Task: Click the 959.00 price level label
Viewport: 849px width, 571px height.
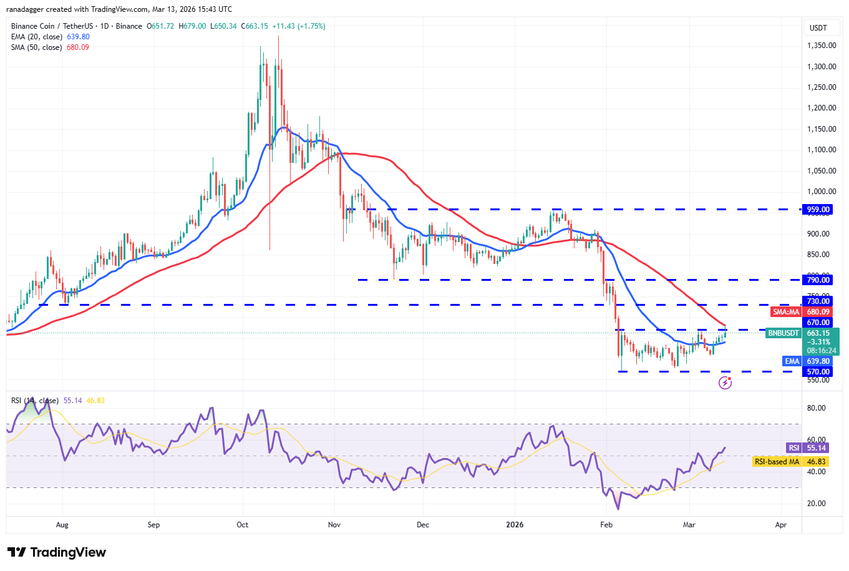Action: (x=818, y=210)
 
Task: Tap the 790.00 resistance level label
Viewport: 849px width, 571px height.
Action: (x=818, y=280)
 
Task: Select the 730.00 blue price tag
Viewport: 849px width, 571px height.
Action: (x=818, y=301)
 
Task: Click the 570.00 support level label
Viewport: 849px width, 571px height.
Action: (x=818, y=372)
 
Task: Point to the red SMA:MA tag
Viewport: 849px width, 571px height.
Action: (x=786, y=312)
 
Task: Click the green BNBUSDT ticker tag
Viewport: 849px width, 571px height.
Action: (x=783, y=333)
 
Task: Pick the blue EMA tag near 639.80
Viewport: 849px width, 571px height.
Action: (x=792, y=361)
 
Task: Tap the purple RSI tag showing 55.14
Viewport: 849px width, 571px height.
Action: (x=793, y=448)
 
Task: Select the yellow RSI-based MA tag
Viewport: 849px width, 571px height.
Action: (x=776, y=462)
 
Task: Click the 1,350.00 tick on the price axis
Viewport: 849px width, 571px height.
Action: (x=822, y=46)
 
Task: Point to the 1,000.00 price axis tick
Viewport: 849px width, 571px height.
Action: (x=822, y=192)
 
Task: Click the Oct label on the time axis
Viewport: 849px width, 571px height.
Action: (x=243, y=525)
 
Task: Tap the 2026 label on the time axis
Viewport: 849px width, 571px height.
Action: (x=515, y=525)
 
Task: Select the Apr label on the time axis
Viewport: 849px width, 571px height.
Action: (x=780, y=525)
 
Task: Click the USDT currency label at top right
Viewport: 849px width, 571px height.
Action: (x=818, y=28)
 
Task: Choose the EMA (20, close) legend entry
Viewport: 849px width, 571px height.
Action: (x=37, y=37)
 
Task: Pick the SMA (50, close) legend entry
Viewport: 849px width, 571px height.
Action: (x=36, y=47)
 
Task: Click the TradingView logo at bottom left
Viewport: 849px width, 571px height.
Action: (x=57, y=552)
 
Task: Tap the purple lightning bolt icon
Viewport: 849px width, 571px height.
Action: (x=725, y=383)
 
